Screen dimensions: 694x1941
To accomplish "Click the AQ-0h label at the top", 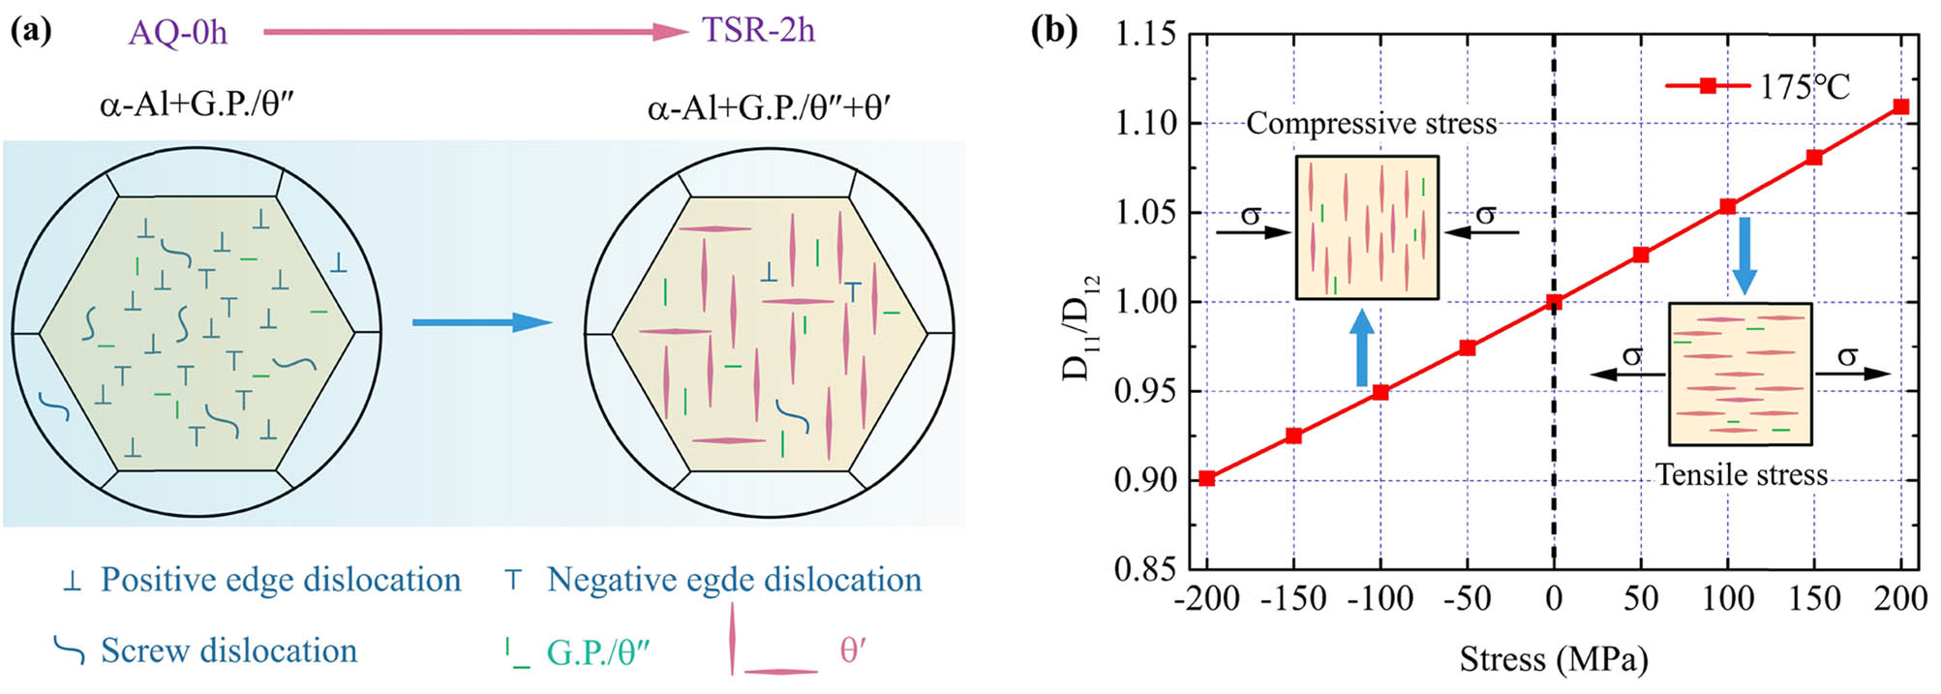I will tap(178, 32).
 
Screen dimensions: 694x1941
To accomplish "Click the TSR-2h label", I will tap(758, 30).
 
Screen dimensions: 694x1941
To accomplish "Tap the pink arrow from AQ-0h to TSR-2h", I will tap(474, 32).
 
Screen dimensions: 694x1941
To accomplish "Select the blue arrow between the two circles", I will tap(481, 322).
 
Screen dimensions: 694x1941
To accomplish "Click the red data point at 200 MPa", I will tap(1900, 106).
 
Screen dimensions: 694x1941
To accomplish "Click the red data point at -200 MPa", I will tap(1207, 478).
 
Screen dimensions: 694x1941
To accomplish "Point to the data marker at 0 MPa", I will tap(1554, 302).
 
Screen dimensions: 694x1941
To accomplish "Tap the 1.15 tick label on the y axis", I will tap(1145, 35).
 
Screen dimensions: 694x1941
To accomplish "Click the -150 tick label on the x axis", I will tap(1293, 599).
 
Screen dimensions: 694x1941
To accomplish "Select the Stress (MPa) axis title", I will tap(1554, 659).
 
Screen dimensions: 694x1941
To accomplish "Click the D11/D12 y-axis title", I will tap(1082, 324).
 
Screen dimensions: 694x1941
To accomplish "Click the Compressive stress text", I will tap(1371, 124).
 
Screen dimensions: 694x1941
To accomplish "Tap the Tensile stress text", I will tap(1741, 475).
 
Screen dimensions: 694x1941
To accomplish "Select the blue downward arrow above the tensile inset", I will tap(1744, 255).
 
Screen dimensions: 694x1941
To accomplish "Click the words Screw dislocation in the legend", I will tap(228, 650).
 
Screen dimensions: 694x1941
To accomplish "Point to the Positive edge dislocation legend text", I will tap(281, 580).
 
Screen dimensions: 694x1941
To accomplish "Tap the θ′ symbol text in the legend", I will tap(852, 650).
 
